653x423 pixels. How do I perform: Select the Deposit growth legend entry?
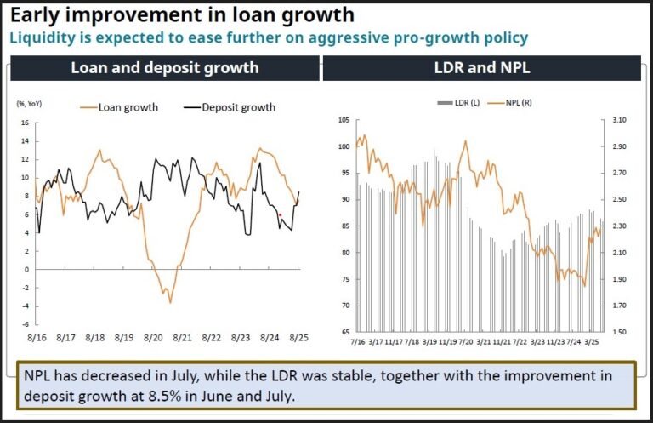[237, 107]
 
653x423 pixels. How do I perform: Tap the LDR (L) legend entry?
[460, 102]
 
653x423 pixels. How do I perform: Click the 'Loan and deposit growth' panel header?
[164, 68]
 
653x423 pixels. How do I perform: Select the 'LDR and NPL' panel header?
[481, 68]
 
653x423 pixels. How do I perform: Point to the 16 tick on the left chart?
[25, 123]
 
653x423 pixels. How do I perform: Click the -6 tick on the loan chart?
[25, 324]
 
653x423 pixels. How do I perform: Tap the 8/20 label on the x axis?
[154, 337]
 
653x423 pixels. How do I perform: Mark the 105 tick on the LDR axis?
[343, 120]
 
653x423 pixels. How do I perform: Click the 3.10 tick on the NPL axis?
[618, 120]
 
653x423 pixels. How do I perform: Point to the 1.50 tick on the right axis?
[618, 332]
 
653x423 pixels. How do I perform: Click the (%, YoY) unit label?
[31, 105]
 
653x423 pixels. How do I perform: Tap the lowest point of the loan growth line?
[170, 302]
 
